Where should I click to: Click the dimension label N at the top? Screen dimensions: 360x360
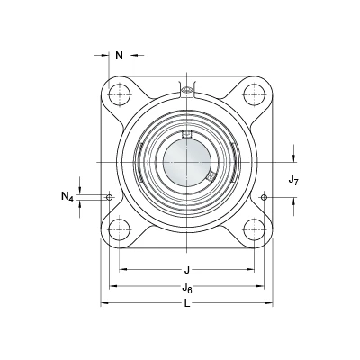coord(120,56)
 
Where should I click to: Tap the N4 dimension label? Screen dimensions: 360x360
coord(67,197)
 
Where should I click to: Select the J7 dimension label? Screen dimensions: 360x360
coord(293,180)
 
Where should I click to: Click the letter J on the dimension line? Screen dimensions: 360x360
coord(187,270)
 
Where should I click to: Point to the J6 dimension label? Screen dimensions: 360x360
coord(187,287)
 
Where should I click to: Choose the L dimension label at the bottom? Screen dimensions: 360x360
coord(187,304)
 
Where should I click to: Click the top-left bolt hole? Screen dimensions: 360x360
coord(120,94)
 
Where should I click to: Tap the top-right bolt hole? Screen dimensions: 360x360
coord(254,94)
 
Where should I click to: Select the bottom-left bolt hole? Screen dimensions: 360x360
coord(120,230)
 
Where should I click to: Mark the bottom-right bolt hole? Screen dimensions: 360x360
coord(254,230)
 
